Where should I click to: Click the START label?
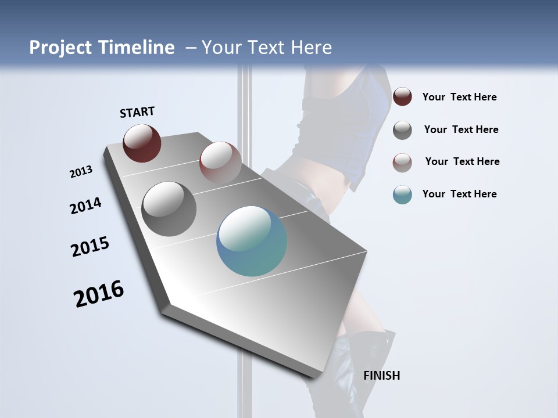click(137, 112)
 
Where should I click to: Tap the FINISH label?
click(381, 376)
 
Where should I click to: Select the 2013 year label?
click(81, 172)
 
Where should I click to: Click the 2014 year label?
click(85, 206)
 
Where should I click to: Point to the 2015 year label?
click(90, 247)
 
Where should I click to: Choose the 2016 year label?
click(99, 294)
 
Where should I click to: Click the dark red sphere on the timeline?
click(142, 143)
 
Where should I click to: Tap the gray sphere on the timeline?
click(169, 209)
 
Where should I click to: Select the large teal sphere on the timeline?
click(252, 241)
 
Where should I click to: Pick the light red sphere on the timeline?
click(220, 163)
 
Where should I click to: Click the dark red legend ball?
click(402, 96)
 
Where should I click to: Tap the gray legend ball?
click(402, 130)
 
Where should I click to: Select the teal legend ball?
click(402, 194)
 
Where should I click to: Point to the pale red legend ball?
click(402, 163)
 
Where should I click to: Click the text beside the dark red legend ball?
click(459, 98)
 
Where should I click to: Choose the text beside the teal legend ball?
click(459, 194)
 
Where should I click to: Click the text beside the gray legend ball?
click(461, 129)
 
